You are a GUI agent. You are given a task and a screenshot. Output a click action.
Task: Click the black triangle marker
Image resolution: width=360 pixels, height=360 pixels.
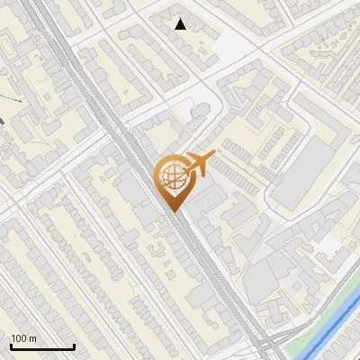(x=181, y=24)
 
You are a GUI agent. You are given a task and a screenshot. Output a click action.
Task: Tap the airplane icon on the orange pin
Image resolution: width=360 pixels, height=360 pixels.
(x=198, y=163)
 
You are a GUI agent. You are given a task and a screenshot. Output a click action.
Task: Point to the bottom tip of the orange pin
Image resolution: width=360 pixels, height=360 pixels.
(x=172, y=211)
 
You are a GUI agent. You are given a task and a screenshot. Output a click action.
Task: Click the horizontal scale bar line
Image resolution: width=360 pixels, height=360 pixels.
(x=42, y=346)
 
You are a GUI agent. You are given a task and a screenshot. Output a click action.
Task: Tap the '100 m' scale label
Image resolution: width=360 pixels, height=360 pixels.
(x=23, y=338)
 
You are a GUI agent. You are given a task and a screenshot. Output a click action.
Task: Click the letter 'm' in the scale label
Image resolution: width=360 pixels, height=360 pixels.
(x=32, y=338)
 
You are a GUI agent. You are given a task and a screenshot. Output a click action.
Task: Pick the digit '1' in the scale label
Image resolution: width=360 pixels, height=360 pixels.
(x=13, y=338)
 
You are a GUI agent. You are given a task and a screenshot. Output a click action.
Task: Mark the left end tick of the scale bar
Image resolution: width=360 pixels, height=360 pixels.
(x=11, y=345)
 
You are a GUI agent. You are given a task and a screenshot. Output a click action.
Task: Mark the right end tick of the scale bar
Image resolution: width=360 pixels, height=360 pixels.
(x=74, y=345)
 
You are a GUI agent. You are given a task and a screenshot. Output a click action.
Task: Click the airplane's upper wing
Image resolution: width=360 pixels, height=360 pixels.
(x=196, y=156)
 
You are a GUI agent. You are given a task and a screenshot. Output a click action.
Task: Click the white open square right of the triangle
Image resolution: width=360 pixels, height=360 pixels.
(x=243, y=36)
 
